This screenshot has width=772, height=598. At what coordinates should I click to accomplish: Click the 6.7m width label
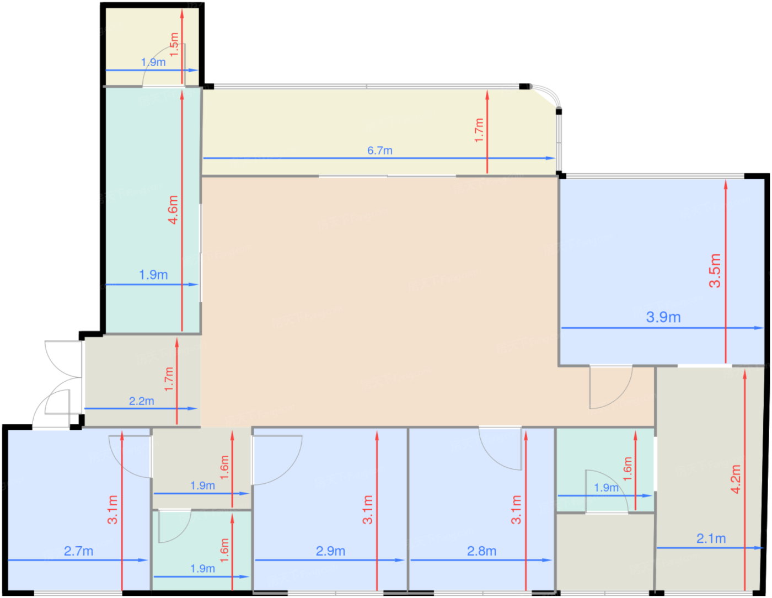click(379, 150)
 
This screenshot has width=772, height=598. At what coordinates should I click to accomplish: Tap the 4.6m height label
click(173, 210)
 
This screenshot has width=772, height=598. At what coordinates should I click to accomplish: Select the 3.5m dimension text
click(715, 270)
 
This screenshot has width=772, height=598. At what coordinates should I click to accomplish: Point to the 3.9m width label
click(663, 317)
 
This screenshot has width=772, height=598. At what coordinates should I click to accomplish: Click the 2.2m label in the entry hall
click(141, 401)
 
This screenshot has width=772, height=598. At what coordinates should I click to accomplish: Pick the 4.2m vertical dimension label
click(736, 479)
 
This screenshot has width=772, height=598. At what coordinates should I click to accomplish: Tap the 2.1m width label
click(711, 538)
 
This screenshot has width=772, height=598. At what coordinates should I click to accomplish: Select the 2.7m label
click(78, 551)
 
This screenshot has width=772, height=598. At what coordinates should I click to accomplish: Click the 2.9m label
click(330, 551)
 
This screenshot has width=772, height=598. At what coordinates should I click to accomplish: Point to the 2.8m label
click(482, 551)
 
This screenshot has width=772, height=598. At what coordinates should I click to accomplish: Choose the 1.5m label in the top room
click(174, 45)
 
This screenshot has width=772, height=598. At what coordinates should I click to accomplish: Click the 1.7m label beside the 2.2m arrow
click(169, 379)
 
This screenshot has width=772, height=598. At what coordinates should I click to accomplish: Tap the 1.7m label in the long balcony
click(479, 130)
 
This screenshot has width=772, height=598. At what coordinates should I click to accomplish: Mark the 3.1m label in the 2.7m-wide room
click(112, 510)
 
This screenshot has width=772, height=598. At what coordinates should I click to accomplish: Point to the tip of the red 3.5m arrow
click(726, 180)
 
